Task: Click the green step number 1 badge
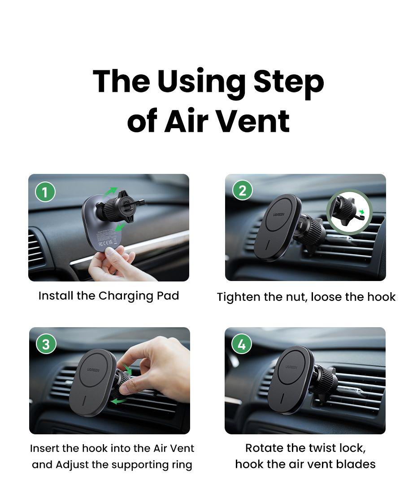click(45, 192)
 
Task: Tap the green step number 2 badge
click(243, 190)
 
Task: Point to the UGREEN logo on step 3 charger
click(93, 370)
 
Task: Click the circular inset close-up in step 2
click(349, 211)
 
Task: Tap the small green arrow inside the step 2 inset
click(361, 212)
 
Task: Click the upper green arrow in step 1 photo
click(110, 191)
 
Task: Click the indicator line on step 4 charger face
click(282, 398)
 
